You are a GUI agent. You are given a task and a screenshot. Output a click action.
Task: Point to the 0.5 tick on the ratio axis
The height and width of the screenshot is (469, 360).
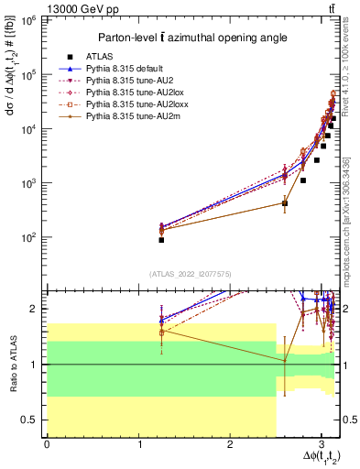click(x=30, y=420)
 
